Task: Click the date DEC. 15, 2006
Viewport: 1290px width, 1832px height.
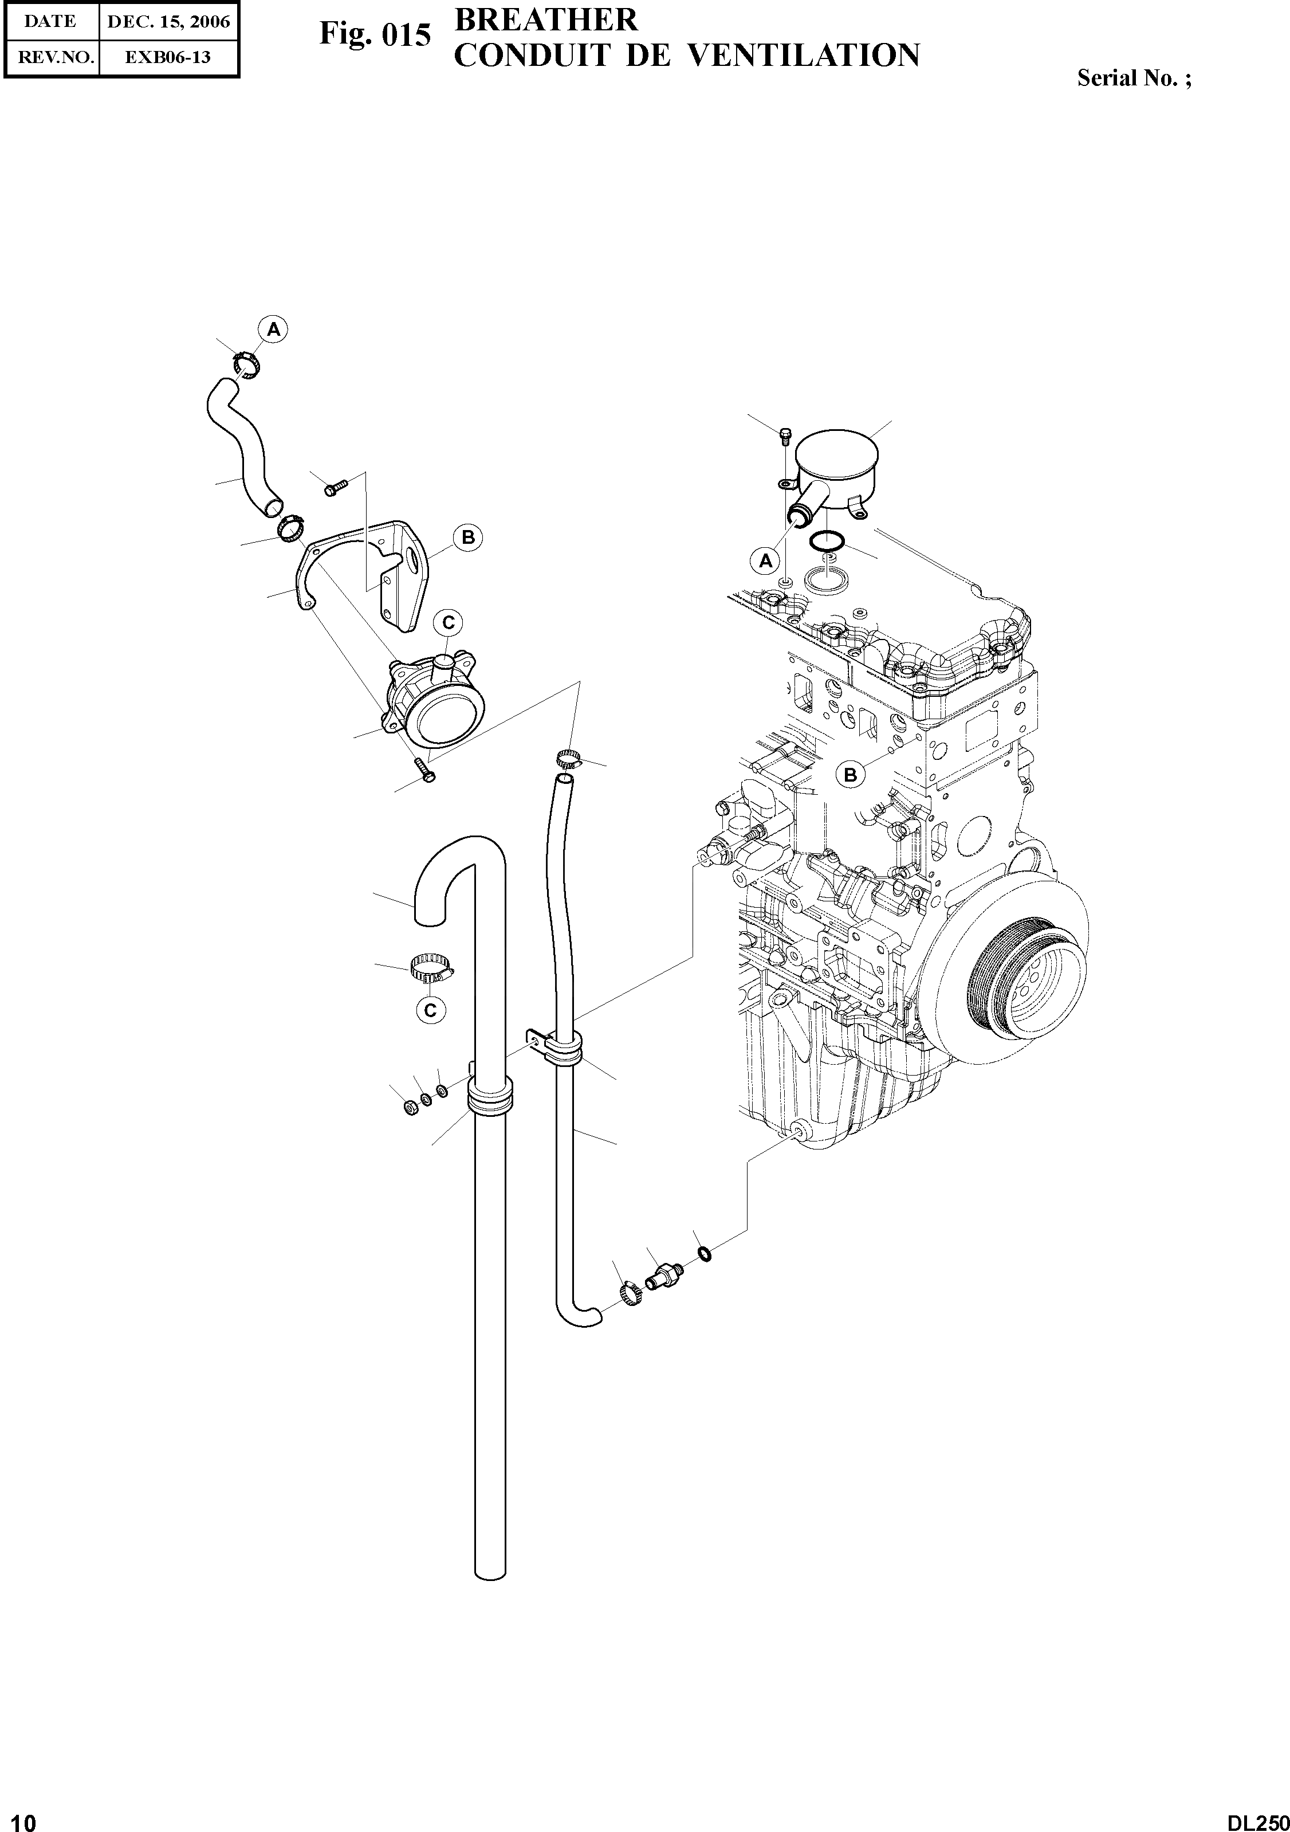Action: tap(167, 22)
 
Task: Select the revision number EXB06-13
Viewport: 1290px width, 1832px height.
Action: tap(167, 57)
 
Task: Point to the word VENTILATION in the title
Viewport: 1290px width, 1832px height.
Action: tap(803, 55)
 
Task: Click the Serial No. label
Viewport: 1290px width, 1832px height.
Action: tap(1134, 78)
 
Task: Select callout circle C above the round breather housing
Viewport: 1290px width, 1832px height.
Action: tap(449, 622)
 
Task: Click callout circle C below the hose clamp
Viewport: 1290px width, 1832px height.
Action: tap(430, 1010)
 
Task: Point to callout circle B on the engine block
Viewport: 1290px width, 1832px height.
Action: tap(851, 774)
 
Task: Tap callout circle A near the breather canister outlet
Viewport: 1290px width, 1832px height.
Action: tap(766, 561)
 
